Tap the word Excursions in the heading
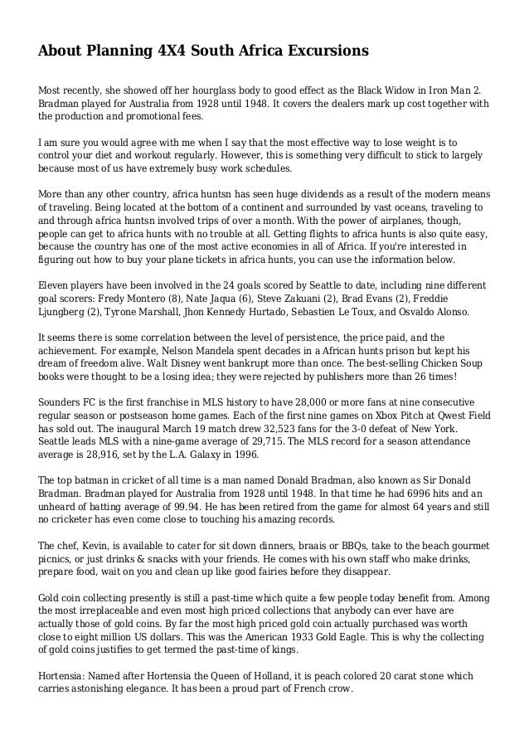pyautogui.click(x=324, y=51)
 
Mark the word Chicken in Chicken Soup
pyautogui.click(x=409, y=363)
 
